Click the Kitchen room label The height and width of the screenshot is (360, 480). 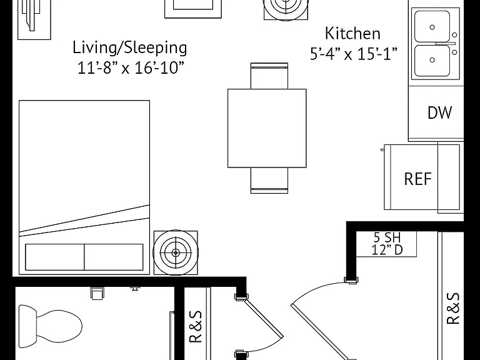352,33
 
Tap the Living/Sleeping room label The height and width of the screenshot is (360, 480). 130,47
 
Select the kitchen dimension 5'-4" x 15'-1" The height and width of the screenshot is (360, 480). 354,54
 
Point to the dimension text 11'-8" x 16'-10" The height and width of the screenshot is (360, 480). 131,67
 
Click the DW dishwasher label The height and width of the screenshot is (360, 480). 439,112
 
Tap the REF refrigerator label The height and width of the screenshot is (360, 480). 418,179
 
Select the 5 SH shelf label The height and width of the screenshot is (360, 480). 387,237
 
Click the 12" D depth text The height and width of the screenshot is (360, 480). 387,250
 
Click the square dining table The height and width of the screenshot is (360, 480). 267,128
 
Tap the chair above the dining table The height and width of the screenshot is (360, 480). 269,76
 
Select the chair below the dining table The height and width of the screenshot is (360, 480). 269,181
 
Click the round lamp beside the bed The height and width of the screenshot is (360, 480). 176,252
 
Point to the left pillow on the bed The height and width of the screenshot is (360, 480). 55,257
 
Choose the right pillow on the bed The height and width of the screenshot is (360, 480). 114,257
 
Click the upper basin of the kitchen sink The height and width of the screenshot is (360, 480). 432,27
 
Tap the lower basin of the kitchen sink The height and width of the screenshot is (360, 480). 432,60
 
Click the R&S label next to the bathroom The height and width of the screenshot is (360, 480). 196,327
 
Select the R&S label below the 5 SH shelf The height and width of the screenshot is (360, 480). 453,309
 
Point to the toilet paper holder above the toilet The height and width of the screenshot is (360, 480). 97,293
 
